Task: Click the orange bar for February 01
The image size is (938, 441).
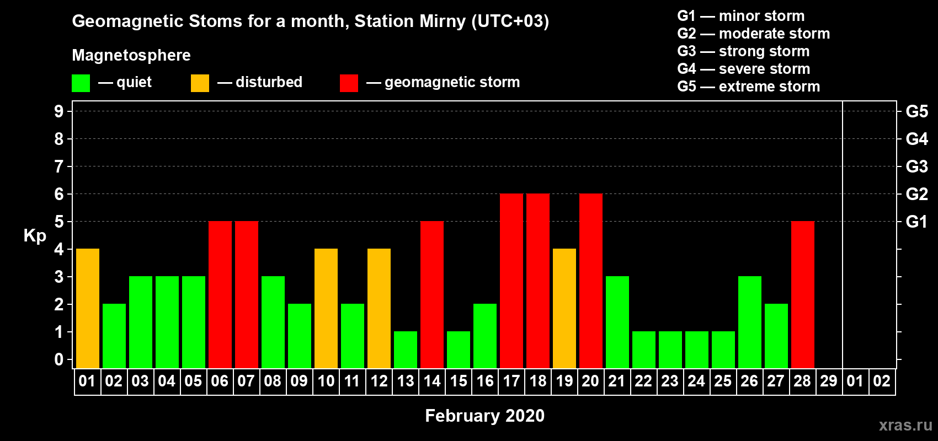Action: (x=88, y=308)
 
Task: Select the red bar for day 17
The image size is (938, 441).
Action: (x=511, y=281)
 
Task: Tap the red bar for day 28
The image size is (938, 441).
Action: (x=803, y=294)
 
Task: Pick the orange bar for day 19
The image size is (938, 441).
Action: (x=564, y=308)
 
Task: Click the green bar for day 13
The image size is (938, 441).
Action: (x=406, y=350)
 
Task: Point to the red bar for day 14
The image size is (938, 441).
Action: (x=432, y=294)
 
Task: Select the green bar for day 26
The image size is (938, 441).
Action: (x=750, y=322)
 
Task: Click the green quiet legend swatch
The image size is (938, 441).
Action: (x=81, y=83)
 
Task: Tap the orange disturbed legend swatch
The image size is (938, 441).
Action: (x=200, y=83)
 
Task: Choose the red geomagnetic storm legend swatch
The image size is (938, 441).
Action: (x=349, y=83)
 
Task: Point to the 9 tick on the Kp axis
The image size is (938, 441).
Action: (x=58, y=111)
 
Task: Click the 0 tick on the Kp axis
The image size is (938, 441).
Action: (x=58, y=359)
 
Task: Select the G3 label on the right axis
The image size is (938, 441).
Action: (x=917, y=166)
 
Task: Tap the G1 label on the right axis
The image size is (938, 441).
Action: (x=917, y=222)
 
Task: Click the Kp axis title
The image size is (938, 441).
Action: (x=35, y=236)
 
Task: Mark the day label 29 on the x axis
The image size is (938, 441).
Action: (x=829, y=381)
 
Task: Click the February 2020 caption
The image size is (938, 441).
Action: (x=485, y=416)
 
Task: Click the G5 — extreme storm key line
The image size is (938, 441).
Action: (x=749, y=87)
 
